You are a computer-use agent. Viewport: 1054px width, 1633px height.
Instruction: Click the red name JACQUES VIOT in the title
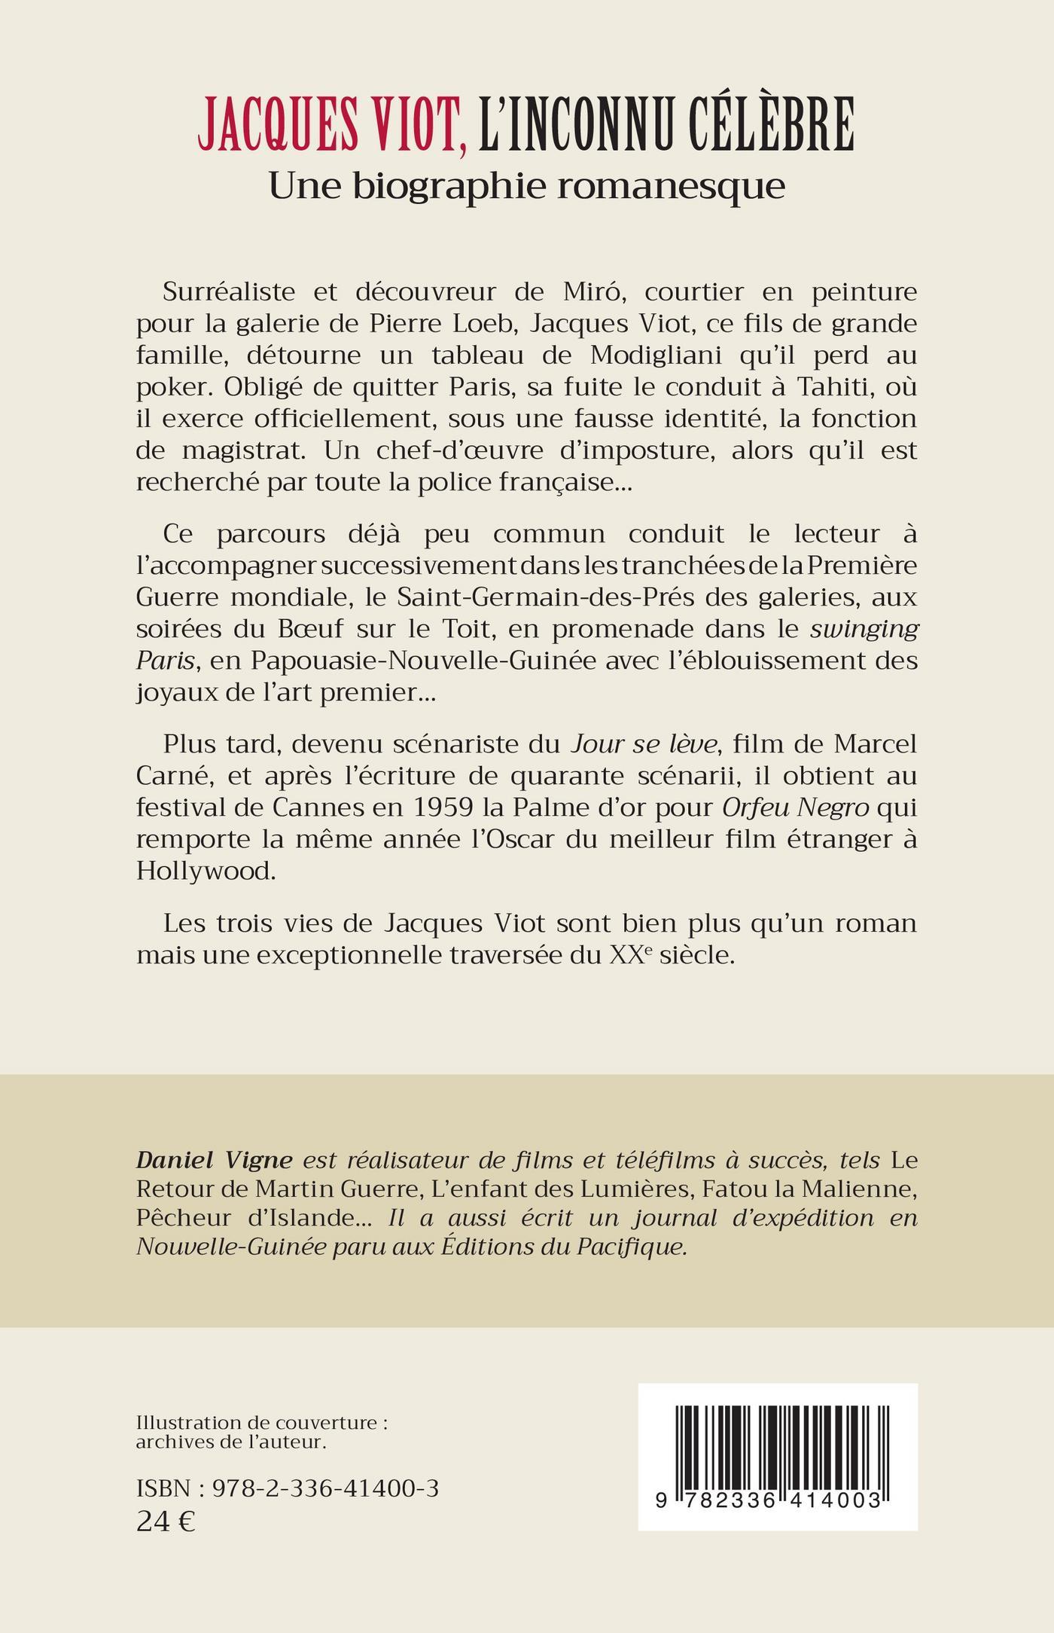[331, 124]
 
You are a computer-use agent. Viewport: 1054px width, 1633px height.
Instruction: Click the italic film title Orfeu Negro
[796, 807]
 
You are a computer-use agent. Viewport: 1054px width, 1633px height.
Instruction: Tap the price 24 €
[166, 1522]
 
